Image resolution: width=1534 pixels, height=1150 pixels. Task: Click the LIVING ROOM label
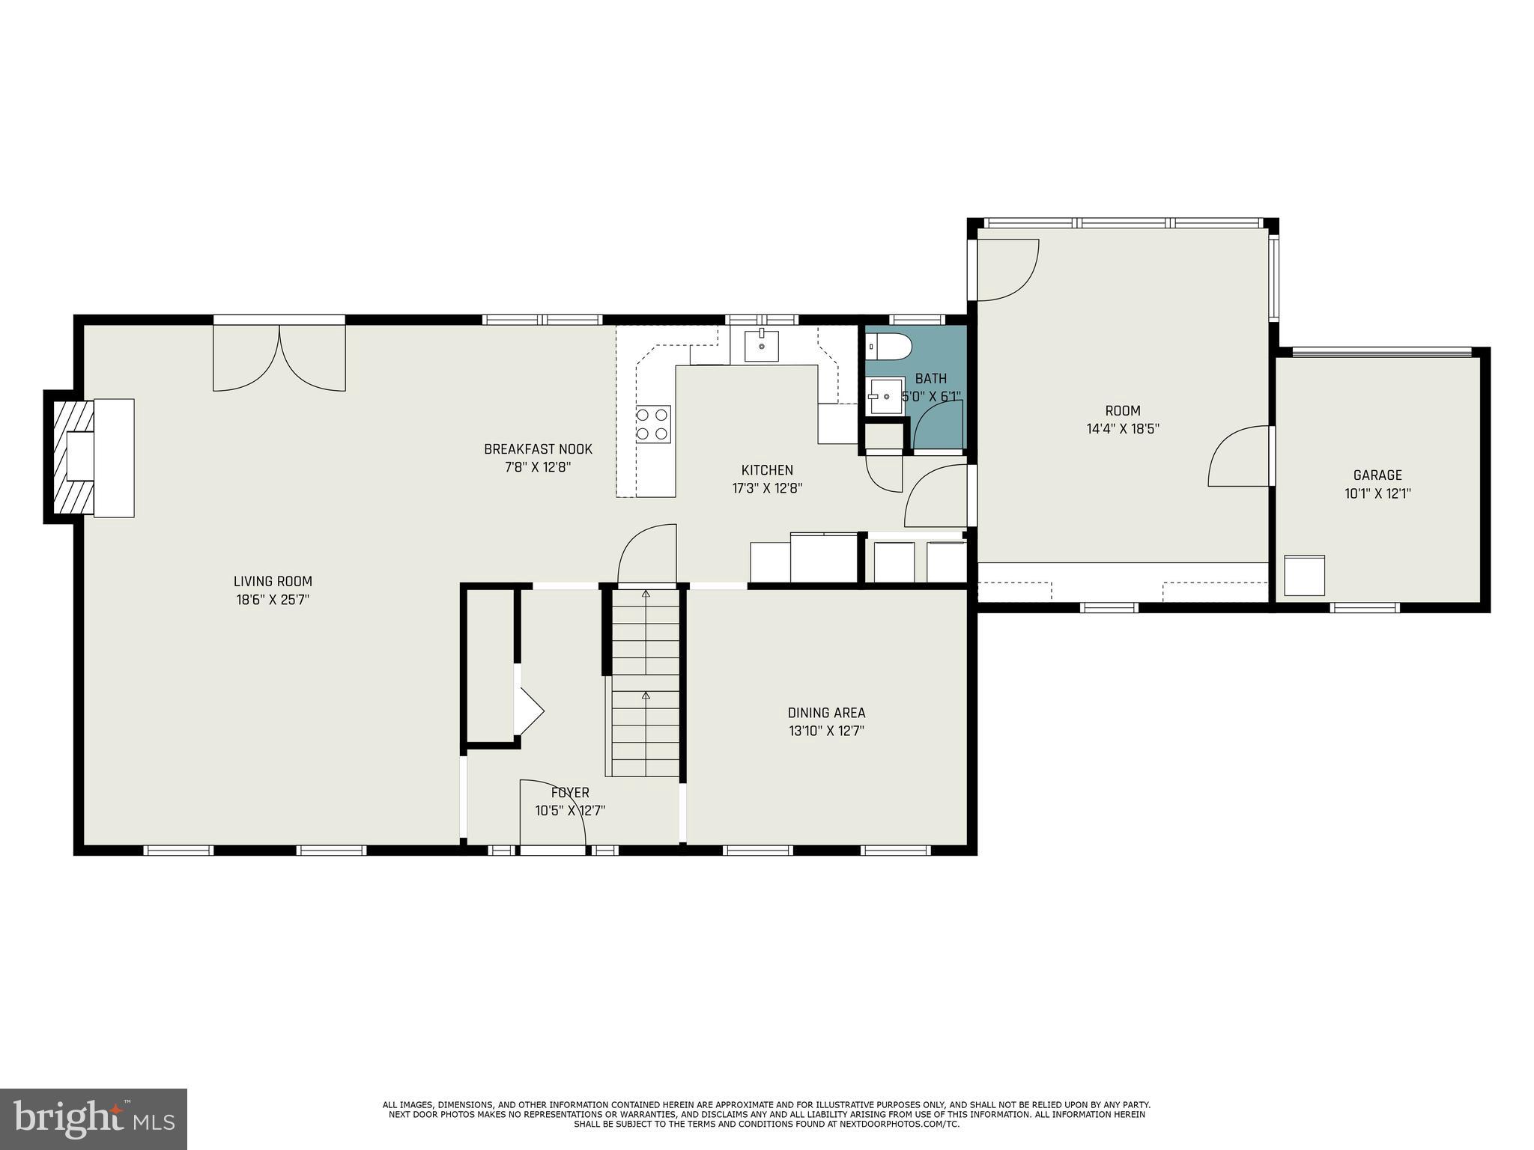point(273,581)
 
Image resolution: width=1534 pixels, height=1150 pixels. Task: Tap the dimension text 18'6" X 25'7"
point(273,600)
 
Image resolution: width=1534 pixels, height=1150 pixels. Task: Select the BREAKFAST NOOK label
point(538,449)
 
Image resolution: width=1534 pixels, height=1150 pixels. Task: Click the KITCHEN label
point(767,470)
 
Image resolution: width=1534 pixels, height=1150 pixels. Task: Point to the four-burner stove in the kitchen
point(653,424)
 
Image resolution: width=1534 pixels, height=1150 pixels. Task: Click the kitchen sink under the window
point(761,346)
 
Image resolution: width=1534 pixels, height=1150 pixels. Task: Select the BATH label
point(930,379)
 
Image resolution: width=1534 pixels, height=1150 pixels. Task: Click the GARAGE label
point(1377,475)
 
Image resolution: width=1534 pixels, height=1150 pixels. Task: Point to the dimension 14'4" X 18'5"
point(1123,429)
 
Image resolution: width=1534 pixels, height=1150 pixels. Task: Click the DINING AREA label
point(826,713)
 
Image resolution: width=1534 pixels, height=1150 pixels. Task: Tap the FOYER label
point(570,793)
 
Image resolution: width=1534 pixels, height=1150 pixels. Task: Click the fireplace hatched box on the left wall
point(73,457)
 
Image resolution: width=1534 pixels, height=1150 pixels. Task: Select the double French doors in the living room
point(279,356)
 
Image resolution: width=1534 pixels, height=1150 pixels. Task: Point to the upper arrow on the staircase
point(646,594)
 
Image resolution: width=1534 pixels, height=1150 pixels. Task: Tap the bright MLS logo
point(94,1118)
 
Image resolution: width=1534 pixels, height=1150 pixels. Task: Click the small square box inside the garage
point(1304,575)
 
